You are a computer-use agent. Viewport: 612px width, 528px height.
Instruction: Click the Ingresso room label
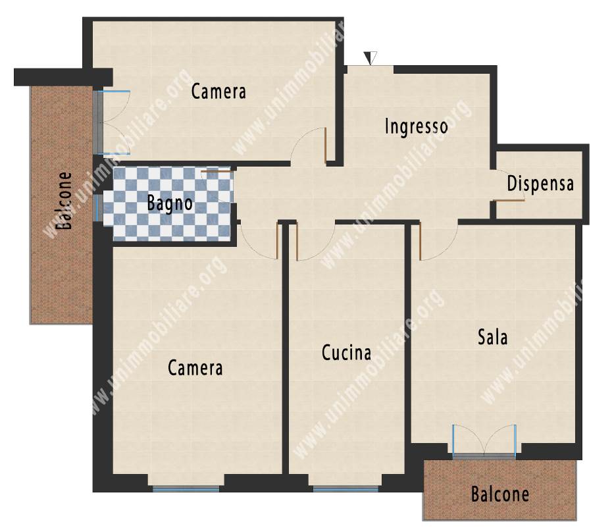click(x=416, y=126)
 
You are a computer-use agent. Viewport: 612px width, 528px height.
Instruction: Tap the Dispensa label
click(x=540, y=183)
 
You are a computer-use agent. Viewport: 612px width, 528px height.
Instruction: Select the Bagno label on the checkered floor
click(x=170, y=203)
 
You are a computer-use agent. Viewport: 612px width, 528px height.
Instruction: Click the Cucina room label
click(x=346, y=353)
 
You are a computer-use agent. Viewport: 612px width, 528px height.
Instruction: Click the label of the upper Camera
click(x=218, y=92)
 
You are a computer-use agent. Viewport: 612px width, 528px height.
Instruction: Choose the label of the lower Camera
click(x=195, y=368)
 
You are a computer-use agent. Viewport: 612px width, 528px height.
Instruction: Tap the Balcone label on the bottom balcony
click(x=500, y=494)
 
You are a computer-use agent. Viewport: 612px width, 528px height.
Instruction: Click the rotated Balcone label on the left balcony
click(x=64, y=201)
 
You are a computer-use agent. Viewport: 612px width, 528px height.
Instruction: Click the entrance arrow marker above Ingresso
click(x=370, y=58)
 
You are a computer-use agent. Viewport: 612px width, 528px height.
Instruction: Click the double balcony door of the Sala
click(x=484, y=440)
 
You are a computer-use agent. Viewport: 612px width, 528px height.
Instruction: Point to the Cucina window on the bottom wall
click(x=345, y=488)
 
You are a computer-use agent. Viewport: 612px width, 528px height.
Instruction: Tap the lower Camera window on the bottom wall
click(x=186, y=488)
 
